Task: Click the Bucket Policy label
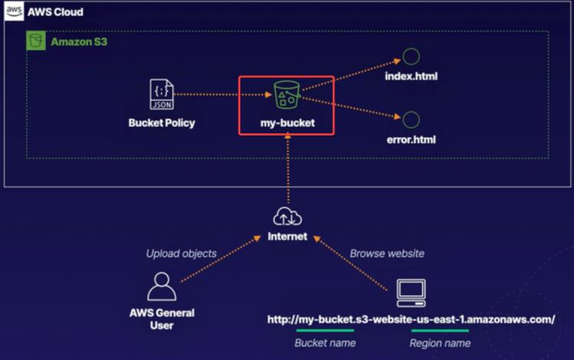tap(161, 123)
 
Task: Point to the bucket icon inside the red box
tap(286, 96)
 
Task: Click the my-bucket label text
tap(286, 122)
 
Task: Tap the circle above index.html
tap(411, 56)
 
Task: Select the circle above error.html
tap(411, 119)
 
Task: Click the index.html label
tap(412, 77)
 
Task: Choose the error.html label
tap(412, 141)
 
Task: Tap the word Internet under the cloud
tap(287, 237)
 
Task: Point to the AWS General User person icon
tap(161, 286)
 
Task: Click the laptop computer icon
tap(410, 291)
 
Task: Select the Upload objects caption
tap(181, 254)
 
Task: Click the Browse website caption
tap(386, 254)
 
